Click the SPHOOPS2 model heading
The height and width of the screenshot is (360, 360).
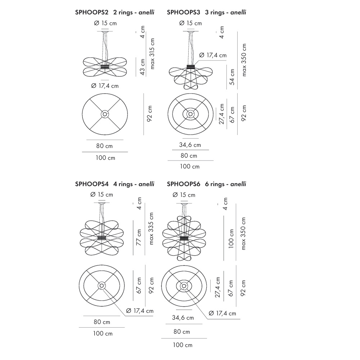[93, 12]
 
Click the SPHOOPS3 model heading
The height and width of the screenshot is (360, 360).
[184, 12]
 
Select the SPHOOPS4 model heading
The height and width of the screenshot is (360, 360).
[93, 184]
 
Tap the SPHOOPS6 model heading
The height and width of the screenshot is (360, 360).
[184, 184]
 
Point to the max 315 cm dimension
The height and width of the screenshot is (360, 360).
[152, 54]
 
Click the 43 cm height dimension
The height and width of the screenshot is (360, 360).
[142, 68]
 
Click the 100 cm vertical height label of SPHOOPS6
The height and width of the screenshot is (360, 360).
[231, 239]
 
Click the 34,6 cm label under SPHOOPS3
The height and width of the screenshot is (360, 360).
[190, 145]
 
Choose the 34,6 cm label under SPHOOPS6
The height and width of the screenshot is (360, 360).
[183, 318]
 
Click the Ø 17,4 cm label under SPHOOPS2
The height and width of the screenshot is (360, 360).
[105, 86]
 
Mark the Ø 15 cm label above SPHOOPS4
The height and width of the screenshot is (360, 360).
[102, 194]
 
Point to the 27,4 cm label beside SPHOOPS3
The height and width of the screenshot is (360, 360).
[222, 114]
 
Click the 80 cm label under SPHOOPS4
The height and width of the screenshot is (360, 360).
[102, 322]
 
